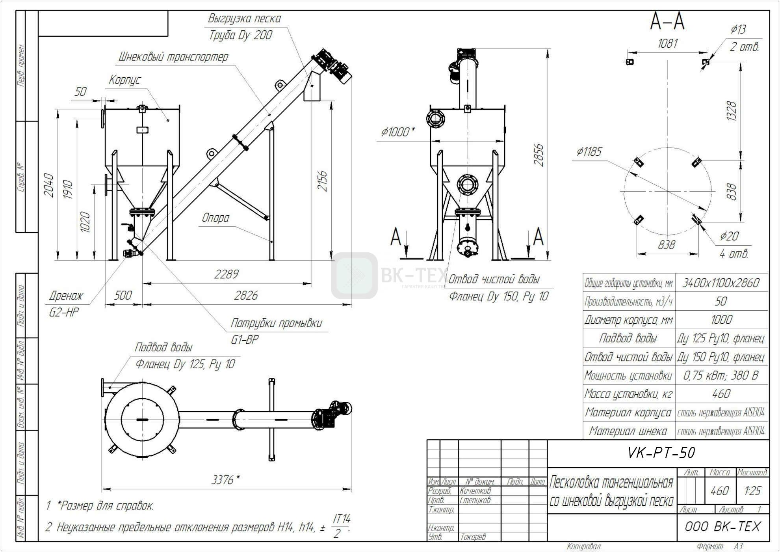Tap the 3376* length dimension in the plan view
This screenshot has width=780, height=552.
[225, 480]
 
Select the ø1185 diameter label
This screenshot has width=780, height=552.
[589, 151]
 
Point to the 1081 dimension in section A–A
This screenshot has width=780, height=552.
[667, 43]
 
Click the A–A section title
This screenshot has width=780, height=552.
[667, 22]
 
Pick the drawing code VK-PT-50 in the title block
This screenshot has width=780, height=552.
[661, 453]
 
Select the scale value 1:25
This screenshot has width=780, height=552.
[752, 491]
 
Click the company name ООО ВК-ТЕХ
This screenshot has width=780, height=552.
[722, 527]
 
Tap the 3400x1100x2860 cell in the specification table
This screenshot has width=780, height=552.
[721, 283]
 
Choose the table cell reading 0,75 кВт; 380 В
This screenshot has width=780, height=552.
[721, 375]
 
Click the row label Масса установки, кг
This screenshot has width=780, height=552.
[628, 394]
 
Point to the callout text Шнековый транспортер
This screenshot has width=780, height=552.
[173, 57]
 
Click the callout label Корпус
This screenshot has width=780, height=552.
[124, 80]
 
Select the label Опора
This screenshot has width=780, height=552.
[215, 218]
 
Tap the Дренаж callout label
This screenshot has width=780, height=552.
[66, 295]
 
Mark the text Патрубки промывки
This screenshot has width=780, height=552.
[276, 323]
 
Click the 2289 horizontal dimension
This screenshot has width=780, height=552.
[226, 274]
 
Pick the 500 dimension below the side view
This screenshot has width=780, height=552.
[123, 295]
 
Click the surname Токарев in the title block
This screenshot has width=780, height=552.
[473, 537]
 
